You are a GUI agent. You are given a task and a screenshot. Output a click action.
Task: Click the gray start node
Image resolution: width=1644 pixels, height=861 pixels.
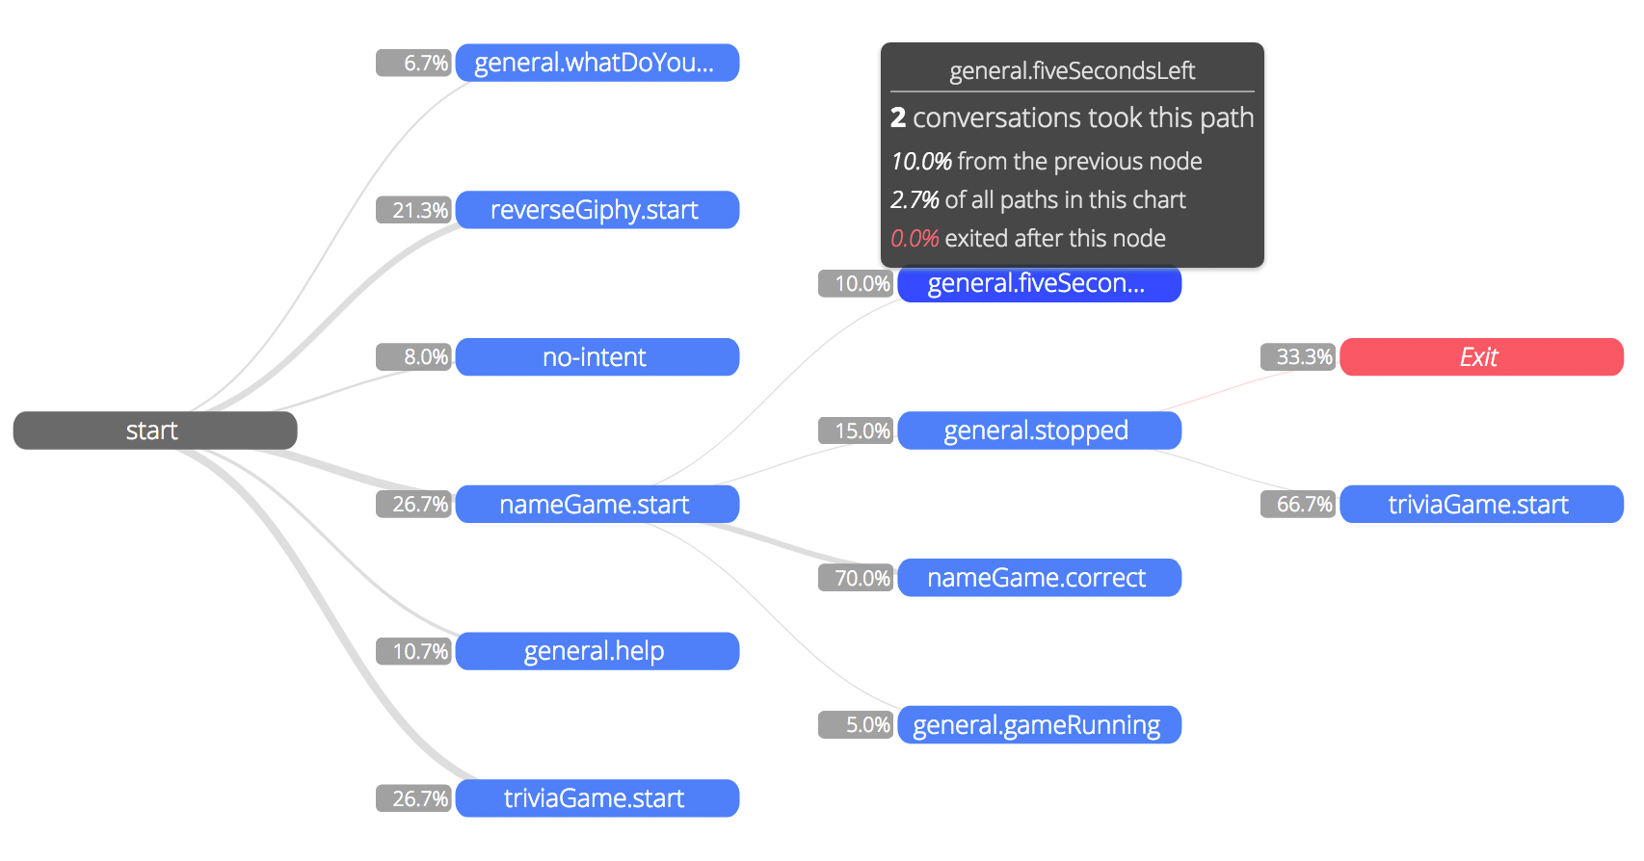point(155,430)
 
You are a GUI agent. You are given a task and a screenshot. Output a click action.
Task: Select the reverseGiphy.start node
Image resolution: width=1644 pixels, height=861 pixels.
point(597,210)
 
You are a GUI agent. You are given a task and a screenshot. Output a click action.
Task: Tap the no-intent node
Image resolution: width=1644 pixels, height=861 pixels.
point(597,357)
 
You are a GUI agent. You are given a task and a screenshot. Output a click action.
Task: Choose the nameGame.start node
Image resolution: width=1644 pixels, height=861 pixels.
point(597,504)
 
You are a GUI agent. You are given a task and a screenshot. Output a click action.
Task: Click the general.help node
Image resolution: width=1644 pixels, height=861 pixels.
point(597,651)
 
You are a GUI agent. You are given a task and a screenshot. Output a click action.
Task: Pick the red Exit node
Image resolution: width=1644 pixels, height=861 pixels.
point(1481,357)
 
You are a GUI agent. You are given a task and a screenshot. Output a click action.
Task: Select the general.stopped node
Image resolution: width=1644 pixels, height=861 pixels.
point(1039,430)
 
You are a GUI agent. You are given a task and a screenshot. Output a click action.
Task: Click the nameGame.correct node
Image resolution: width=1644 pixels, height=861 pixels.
point(1039,578)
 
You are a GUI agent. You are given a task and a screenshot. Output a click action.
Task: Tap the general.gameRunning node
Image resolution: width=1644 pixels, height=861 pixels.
point(1039,724)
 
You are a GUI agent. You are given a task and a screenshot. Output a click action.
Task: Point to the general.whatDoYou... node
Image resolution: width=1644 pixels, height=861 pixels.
point(597,63)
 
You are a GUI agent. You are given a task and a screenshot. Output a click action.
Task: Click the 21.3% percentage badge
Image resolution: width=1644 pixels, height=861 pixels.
point(413,210)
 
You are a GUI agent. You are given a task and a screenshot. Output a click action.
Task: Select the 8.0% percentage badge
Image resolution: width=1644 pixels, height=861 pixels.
point(413,357)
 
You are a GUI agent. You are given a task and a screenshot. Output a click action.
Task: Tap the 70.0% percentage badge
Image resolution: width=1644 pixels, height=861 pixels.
point(856,578)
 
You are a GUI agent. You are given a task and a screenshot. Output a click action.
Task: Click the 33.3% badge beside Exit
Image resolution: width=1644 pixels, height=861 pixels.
point(1298,357)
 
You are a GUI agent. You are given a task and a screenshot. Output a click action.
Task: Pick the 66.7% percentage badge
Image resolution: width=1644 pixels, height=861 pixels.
point(1298,504)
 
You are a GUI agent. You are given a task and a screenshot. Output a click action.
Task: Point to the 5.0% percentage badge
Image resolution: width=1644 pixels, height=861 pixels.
point(856,724)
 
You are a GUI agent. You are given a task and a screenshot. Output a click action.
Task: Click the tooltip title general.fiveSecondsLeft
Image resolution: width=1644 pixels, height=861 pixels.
point(1073,71)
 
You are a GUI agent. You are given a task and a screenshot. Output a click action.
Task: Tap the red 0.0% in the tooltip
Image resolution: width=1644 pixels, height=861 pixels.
point(915,238)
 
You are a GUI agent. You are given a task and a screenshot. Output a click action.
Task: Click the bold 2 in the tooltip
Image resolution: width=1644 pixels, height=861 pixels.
point(897,118)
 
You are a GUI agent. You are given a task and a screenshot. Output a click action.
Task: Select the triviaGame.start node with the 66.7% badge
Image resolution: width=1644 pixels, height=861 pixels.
point(1481,504)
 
